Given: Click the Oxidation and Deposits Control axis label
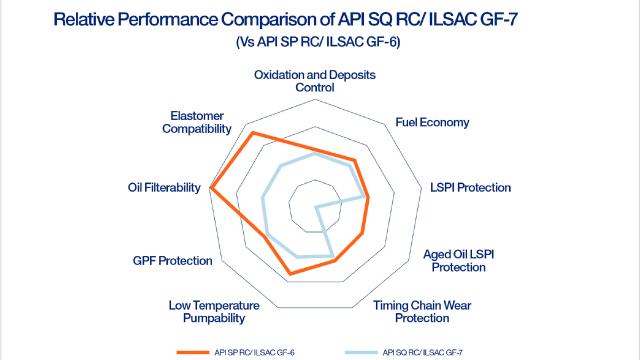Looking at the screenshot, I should coord(314,81).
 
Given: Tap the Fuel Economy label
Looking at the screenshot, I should coord(432,122).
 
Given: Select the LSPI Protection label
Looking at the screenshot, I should coord(470,187).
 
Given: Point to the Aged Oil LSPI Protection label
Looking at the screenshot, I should coord(458,260).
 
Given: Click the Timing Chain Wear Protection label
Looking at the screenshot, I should coord(422,311).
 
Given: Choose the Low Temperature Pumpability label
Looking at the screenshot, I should coord(214,311).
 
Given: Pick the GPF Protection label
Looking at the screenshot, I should coord(172,260).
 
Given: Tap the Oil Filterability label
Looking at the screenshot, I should coord(164,187).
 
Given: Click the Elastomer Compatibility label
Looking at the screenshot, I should coord(197,122).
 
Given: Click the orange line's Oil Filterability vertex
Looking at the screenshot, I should coord(211,188).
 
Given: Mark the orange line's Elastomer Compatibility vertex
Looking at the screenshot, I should coord(253,132).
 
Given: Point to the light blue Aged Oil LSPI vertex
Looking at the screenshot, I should coord(316,206).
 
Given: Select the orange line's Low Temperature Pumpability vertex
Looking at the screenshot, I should coord(289,273).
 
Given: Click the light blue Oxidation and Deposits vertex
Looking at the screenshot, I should coord(314,154).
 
